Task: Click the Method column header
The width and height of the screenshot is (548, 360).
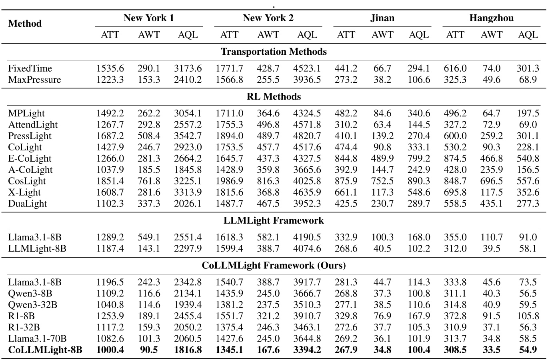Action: (25, 24)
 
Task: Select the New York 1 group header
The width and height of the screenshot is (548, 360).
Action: (148, 18)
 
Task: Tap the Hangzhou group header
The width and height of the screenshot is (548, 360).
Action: (491, 18)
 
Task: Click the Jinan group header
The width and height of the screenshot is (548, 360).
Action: (382, 18)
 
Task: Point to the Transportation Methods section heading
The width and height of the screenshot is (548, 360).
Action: (274, 52)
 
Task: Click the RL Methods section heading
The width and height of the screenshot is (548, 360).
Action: (274, 97)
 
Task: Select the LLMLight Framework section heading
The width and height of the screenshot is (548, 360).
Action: (274, 220)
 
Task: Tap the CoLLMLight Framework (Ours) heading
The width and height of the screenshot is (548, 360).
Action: (274, 265)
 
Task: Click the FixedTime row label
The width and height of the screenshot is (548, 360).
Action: (30, 68)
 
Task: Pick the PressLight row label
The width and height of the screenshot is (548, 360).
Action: (30, 136)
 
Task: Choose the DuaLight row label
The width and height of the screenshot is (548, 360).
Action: (28, 204)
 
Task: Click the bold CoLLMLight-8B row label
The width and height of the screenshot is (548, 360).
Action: (45, 350)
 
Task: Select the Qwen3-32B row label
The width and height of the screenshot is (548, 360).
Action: (32, 305)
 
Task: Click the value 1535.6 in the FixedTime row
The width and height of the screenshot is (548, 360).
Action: (110, 68)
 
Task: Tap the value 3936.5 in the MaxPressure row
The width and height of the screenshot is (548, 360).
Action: (307, 80)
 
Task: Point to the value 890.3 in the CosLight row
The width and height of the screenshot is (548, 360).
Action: (419, 181)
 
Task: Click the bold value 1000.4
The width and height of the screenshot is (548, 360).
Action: (110, 350)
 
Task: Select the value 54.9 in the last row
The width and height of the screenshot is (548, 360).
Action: (528, 350)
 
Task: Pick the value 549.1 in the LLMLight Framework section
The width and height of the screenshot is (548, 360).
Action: (149, 237)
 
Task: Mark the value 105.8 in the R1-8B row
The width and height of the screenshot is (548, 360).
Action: (528, 316)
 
